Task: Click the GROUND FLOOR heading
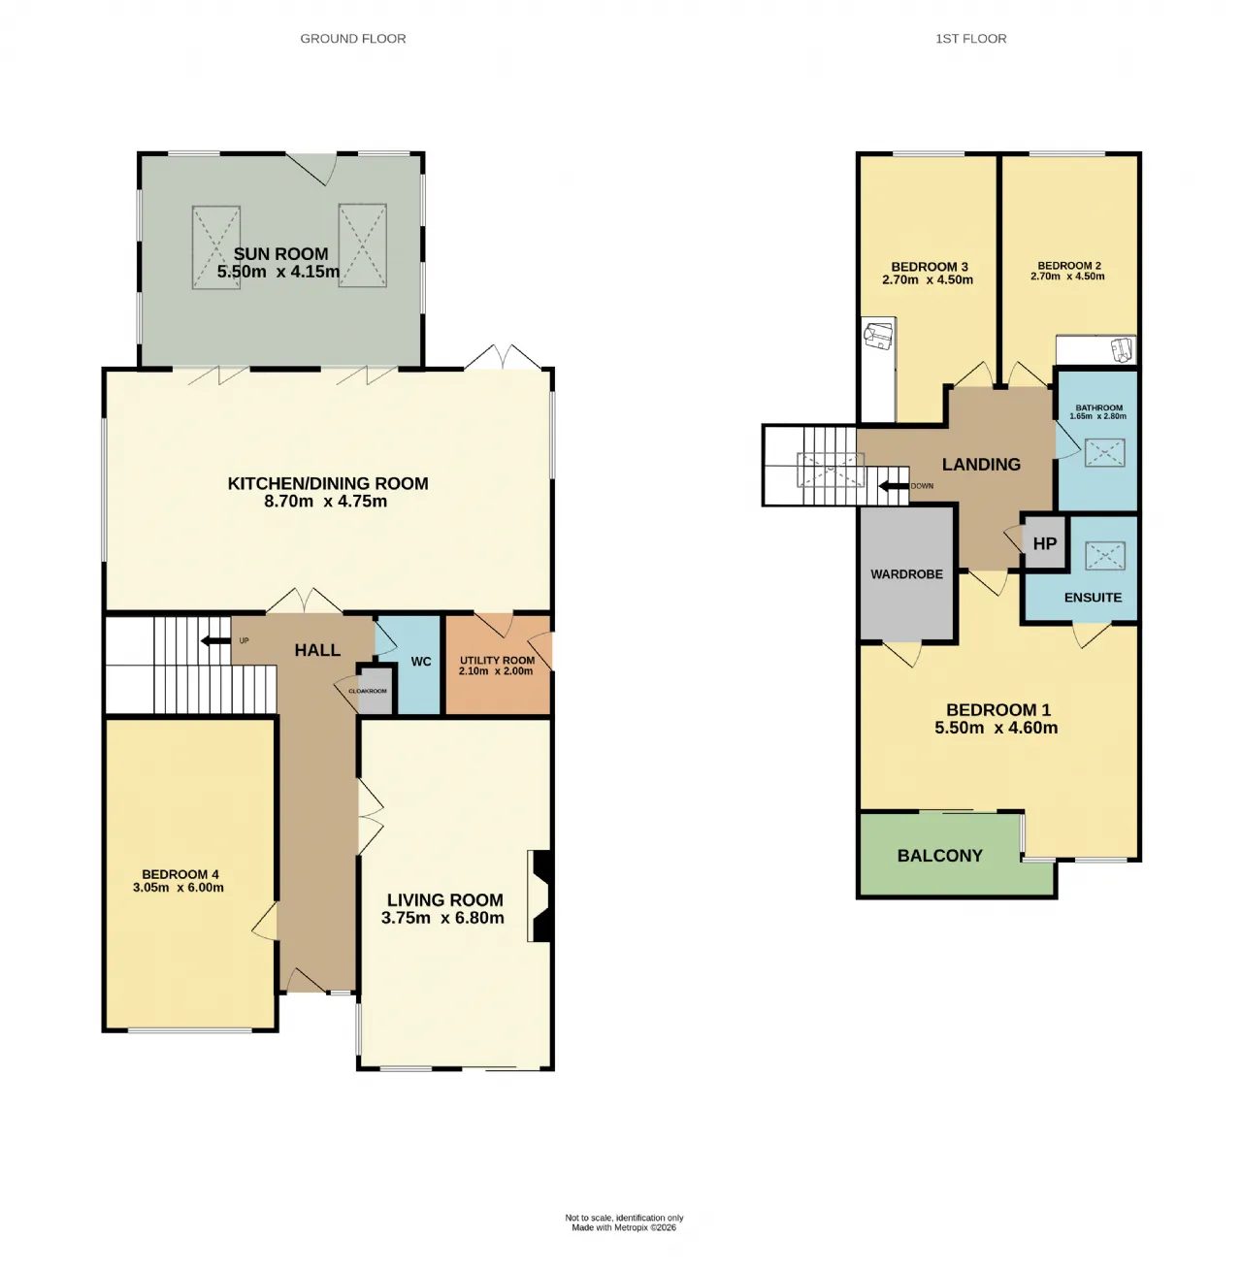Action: pos(353,39)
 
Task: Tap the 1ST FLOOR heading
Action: pos(971,39)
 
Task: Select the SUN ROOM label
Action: pos(281,254)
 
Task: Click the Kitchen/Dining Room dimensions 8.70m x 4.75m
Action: pos(325,502)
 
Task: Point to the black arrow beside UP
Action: pos(215,640)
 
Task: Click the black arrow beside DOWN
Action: pos(894,486)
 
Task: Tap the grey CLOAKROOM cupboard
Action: pos(375,691)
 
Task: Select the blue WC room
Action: pos(419,666)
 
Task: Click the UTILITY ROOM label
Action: pos(497,661)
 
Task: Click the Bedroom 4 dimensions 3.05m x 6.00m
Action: pos(179,888)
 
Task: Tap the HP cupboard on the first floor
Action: pos(1045,543)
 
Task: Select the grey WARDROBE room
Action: pos(907,574)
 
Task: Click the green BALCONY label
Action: pos(940,856)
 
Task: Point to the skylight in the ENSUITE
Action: pos(1105,557)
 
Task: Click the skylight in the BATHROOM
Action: pos(1105,453)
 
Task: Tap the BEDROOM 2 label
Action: pos(1069,266)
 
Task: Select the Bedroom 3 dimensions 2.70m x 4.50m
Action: pos(928,280)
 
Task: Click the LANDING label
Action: pos(981,465)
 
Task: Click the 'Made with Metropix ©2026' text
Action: pos(624,1228)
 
